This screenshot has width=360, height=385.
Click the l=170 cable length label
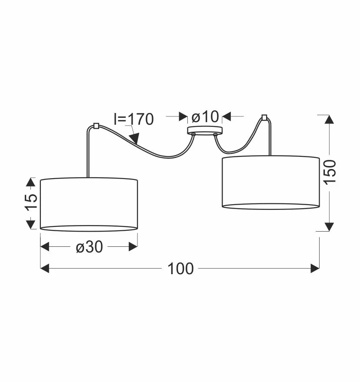pos(134,119)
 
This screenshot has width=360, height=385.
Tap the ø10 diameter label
pos(205,116)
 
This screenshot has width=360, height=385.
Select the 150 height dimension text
pos(330,172)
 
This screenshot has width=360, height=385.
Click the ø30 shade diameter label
pos(90,247)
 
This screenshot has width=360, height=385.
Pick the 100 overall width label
pos(180,269)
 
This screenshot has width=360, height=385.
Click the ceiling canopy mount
pos(205,130)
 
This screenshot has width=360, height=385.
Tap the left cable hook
pos(96,126)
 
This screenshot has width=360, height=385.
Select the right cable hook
pos(264,117)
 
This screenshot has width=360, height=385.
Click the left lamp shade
pos(89,204)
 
